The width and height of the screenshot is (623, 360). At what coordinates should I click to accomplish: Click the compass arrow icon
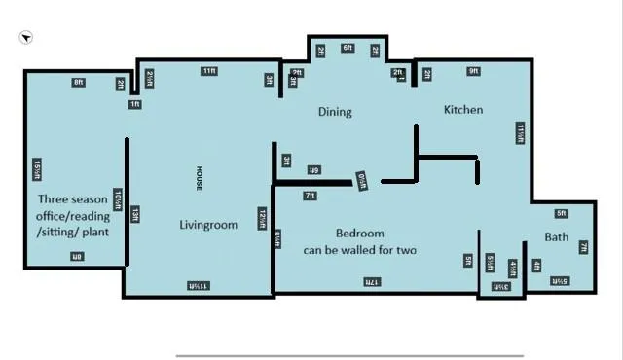click(x=26, y=38)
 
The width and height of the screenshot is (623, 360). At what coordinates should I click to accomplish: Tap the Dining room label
click(x=335, y=112)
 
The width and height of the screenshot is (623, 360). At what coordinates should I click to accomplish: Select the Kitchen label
click(x=463, y=110)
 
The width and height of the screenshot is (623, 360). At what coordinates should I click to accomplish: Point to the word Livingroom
click(x=208, y=225)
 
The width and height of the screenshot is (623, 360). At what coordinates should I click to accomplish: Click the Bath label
click(x=557, y=236)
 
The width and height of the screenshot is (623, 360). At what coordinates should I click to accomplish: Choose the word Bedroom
click(x=359, y=234)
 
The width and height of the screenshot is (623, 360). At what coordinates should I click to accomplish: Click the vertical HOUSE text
click(x=199, y=178)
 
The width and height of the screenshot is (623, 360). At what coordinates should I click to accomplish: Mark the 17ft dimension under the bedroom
click(x=372, y=282)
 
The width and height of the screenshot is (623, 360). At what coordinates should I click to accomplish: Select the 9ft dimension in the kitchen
click(x=474, y=71)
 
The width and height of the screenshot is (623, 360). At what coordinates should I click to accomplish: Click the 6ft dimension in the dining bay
click(x=348, y=48)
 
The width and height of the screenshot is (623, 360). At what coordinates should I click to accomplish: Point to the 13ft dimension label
click(x=135, y=214)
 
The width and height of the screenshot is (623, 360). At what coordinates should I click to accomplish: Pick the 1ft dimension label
click(x=135, y=104)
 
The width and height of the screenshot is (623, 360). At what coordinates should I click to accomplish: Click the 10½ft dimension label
click(x=118, y=199)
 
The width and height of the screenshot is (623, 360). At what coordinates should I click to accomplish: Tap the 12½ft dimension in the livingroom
click(x=263, y=219)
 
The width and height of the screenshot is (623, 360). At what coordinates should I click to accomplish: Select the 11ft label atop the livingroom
click(x=209, y=71)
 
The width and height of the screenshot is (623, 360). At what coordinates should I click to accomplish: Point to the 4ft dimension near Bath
click(x=536, y=266)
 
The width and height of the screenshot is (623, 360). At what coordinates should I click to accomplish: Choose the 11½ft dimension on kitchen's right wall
click(x=521, y=133)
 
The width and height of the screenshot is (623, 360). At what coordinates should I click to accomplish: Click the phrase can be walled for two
click(x=359, y=250)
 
